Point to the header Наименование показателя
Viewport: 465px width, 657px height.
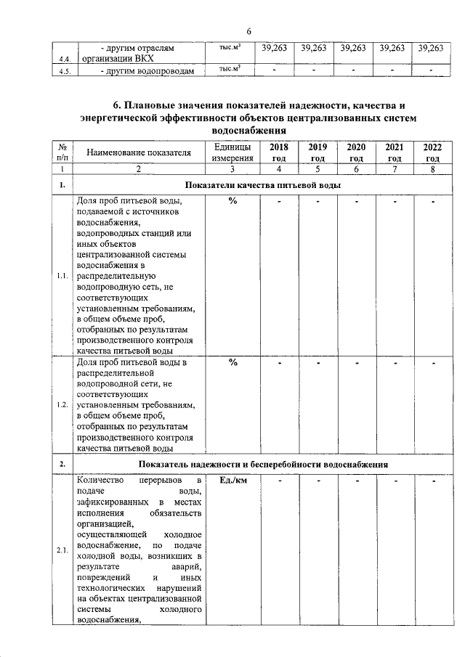click(139, 152)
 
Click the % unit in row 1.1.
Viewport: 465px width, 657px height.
click(232, 201)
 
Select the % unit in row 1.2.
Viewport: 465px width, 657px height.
click(232, 363)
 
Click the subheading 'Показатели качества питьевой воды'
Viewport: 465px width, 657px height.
click(262, 185)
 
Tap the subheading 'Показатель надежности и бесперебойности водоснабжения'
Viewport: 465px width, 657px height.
click(262, 464)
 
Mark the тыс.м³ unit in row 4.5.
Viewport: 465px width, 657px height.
click(230, 70)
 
